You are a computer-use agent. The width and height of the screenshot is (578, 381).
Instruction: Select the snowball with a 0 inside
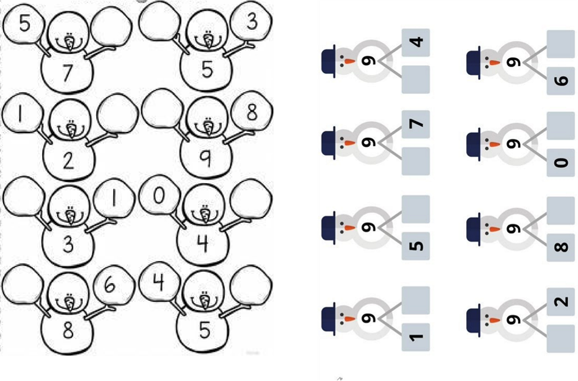click(x=160, y=195)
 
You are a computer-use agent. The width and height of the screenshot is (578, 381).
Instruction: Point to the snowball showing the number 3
click(x=251, y=21)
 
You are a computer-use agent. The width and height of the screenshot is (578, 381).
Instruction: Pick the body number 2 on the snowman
click(x=68, y=160)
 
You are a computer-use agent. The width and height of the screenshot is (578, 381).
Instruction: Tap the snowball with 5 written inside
click(x=23, y=23)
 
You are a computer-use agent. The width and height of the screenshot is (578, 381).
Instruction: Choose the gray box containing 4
click(x=415, y=42)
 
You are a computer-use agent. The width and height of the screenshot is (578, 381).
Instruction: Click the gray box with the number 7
click(x=415, y=124)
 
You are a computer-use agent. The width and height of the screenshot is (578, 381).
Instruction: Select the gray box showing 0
click(x=561, y=162)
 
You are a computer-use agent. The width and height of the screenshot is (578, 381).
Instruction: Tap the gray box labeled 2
click(x=561, y=301)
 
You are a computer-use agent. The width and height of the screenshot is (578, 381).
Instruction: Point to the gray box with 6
click(x=561, y=81)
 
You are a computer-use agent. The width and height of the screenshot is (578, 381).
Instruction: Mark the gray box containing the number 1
click(x=415, y=337)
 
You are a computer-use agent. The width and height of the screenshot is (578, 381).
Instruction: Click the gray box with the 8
click(x=561, y=247)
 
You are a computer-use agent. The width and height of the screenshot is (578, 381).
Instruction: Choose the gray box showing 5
click(x=415, y=246)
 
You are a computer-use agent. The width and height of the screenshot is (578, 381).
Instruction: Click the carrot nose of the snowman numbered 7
click(x=69, y=42)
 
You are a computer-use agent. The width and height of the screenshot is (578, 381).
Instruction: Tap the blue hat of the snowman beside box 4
click(x=329, y=61)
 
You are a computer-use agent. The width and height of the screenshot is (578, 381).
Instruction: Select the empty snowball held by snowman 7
click(x=111, y=27)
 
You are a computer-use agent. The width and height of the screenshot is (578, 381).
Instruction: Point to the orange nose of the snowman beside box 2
click(x=493, y=320)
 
